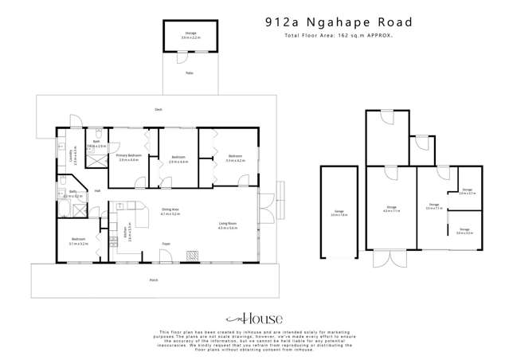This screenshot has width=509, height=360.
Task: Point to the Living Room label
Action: click(x=228, y=226)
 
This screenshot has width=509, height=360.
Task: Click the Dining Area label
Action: click(x=170, y=213)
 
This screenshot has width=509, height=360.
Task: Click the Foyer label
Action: click(x=166, y=244)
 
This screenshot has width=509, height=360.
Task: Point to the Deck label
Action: click(x=158, y=108)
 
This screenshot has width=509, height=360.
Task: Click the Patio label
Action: click(x=189, y=73)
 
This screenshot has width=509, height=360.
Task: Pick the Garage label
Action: click(x=339, y=213)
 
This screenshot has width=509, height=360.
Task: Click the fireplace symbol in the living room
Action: click(x=192, y=255)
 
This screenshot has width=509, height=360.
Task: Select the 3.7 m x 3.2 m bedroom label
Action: click(x=78, y=241)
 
